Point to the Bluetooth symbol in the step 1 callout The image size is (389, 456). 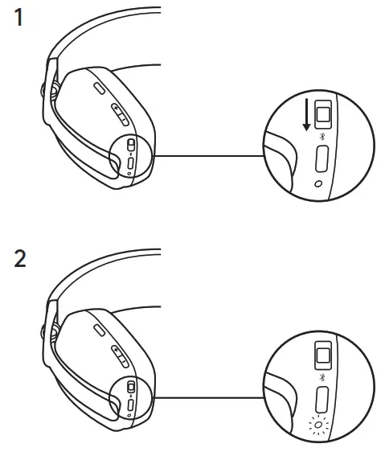click(321, 138)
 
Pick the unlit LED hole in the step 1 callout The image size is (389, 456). click(321, 184)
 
